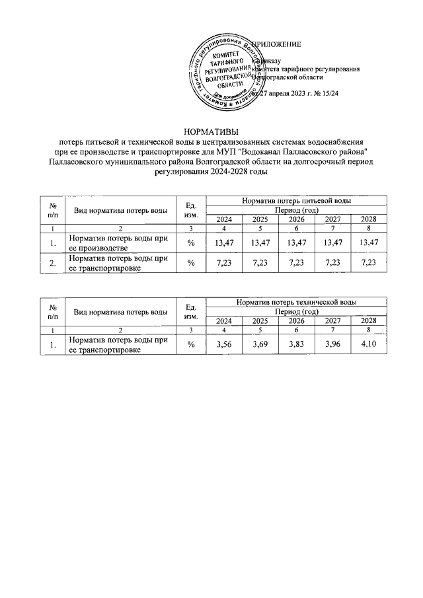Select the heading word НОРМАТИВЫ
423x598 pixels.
click(x=211, y=131)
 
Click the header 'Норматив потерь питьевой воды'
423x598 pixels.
click(x=296, y=200)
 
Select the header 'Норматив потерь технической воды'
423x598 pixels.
click(x=296, y=301)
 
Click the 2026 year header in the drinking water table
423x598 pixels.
click(x=297, y=219)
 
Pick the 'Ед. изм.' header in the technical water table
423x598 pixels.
click(x=191, y=311)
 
